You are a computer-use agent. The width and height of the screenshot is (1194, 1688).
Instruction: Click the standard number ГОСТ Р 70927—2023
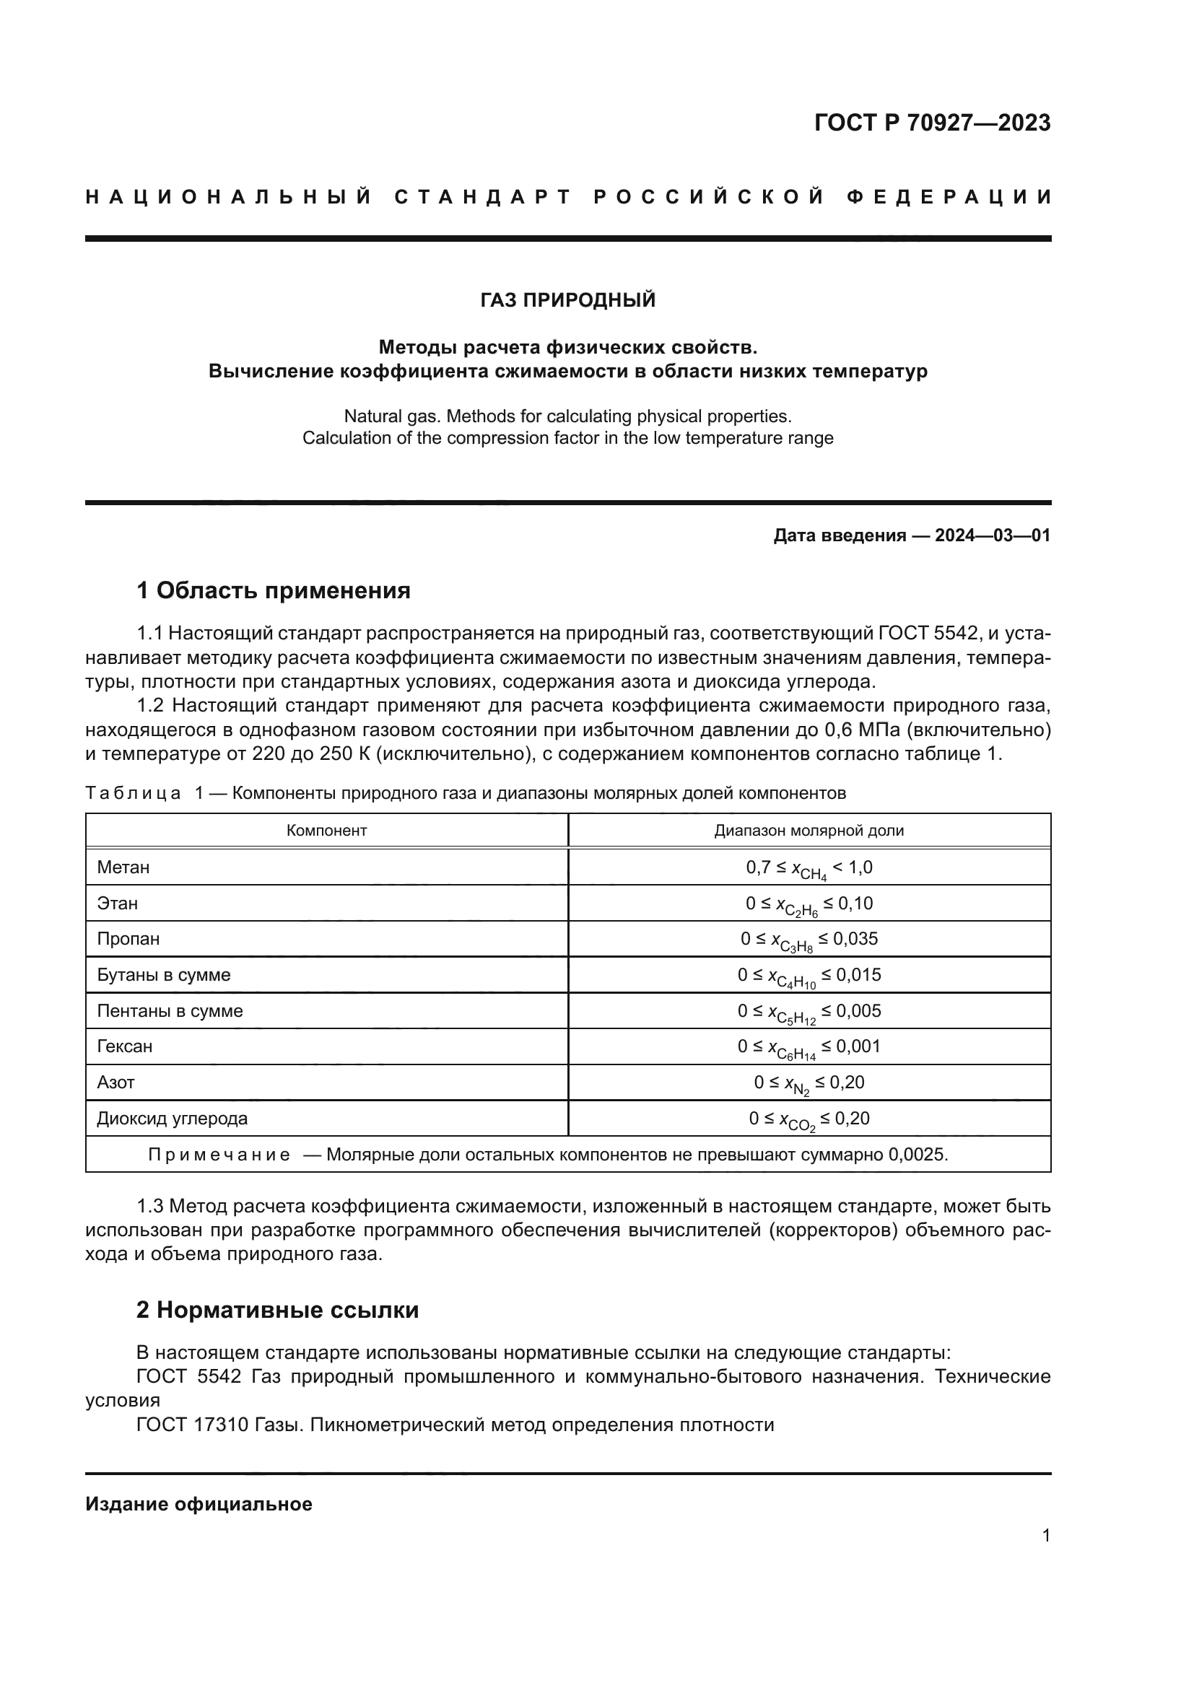point(931,123)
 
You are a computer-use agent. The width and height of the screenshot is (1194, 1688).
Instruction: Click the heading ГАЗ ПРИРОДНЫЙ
point(567,300)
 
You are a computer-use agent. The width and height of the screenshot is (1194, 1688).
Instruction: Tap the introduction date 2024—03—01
point(992,535)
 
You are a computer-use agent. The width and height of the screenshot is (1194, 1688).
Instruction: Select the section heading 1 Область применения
point(274,590)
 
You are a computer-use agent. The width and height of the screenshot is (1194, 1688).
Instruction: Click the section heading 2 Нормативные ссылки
point(277,1310)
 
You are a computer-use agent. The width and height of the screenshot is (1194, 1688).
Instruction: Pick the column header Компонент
point(326,831)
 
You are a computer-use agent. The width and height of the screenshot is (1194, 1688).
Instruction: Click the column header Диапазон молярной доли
point(809,831)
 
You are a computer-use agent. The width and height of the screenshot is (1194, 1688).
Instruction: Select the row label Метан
point(123,867)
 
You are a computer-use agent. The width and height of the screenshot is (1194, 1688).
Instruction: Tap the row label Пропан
point(128,940)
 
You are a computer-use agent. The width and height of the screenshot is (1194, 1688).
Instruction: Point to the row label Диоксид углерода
point(172,1119)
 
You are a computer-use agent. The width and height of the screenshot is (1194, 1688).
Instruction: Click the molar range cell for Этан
point(809,904)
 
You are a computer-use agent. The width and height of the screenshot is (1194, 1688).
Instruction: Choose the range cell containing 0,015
point(809,976)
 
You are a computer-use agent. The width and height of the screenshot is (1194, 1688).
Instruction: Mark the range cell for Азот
point(809,1083)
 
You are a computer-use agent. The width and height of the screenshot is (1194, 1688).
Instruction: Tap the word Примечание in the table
point(219,1155)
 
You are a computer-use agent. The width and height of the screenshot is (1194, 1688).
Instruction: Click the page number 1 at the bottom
point(1045,1535)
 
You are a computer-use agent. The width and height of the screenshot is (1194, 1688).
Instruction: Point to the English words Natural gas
point(391,416)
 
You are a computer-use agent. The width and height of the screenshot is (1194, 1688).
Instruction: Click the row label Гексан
point(125,1047)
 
